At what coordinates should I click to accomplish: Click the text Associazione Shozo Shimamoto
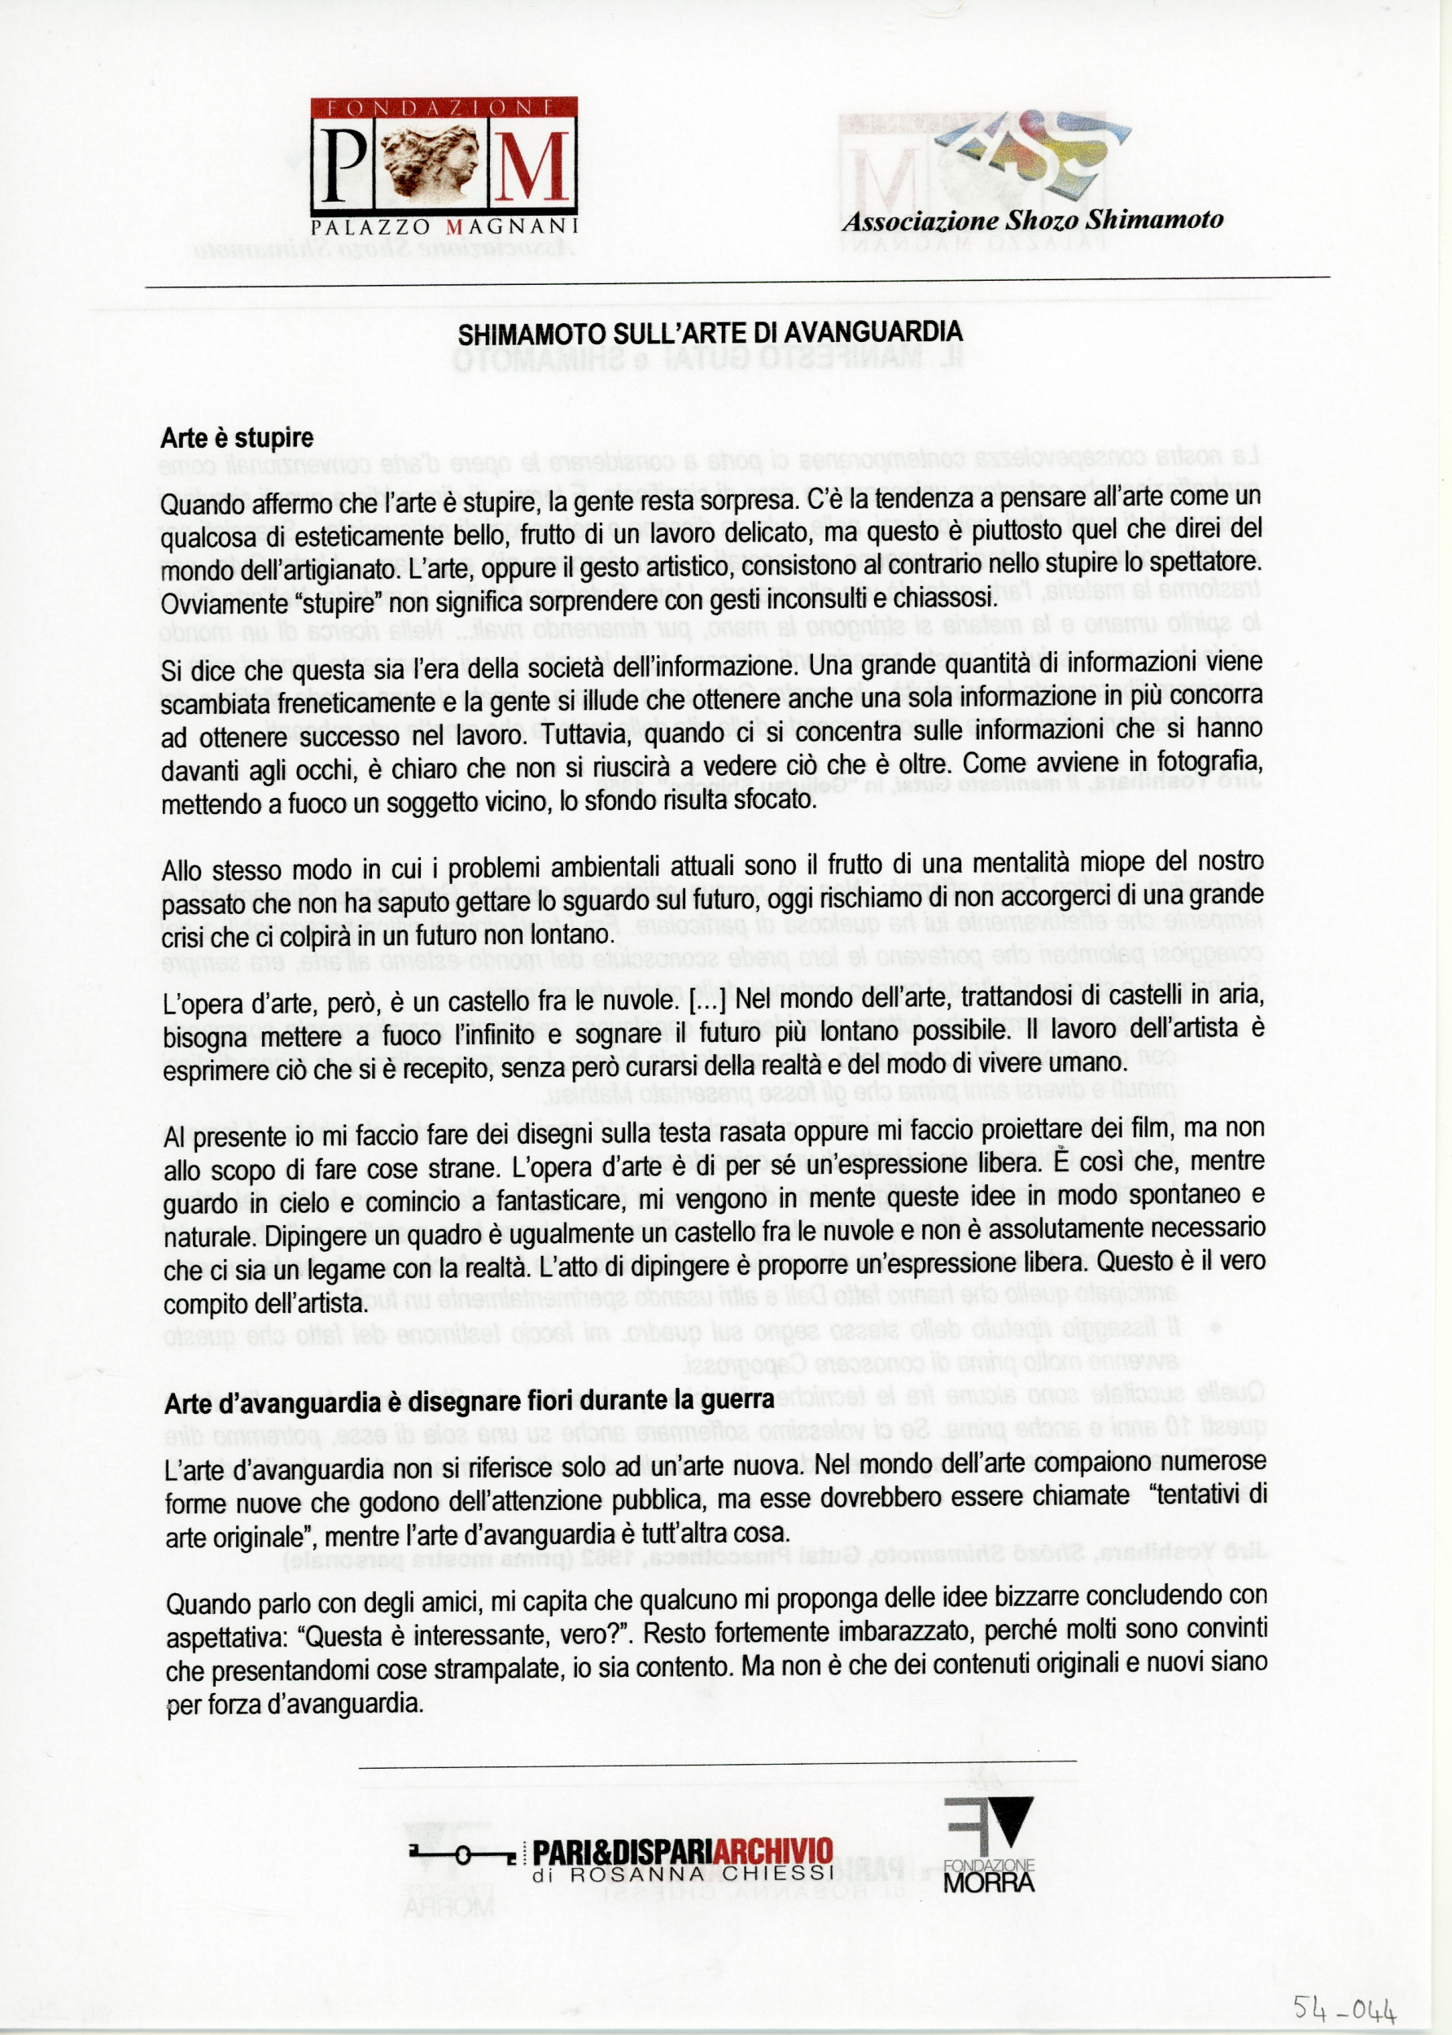1033,220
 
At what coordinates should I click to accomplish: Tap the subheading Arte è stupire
237,438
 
